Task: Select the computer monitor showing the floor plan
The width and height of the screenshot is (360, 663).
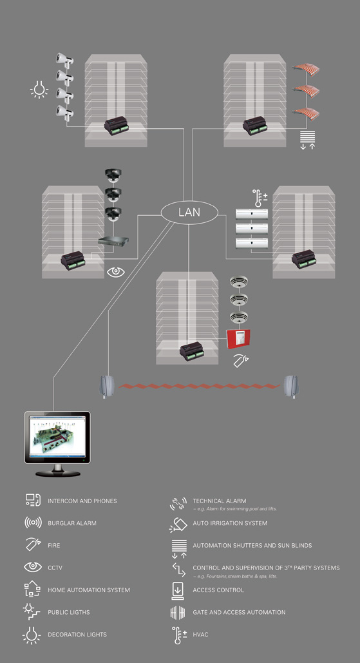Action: (57, 443)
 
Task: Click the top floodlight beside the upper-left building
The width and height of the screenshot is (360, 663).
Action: (64, 60)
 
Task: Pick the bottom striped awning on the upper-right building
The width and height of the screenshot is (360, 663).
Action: (307, 113)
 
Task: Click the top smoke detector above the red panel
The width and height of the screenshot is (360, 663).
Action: (239, 282)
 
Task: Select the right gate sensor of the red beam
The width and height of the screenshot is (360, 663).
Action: (290, 387)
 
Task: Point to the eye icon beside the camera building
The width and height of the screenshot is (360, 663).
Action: (116, 272)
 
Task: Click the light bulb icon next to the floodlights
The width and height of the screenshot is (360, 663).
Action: (39, 90)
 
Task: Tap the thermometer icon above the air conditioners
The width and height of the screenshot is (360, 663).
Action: (260, 197)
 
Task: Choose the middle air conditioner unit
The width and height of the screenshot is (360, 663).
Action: (251, 229)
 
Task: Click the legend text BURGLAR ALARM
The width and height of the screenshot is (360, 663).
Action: (72, 523)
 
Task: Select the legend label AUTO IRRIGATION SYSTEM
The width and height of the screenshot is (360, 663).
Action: (230, 523)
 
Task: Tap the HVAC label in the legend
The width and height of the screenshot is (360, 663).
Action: (200, 634)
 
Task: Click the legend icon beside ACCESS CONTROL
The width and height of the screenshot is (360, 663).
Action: (178, 590)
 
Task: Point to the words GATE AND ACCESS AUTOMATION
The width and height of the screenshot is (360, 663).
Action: (239, 612)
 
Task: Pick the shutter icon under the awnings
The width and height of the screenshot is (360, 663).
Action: (308, 140)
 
